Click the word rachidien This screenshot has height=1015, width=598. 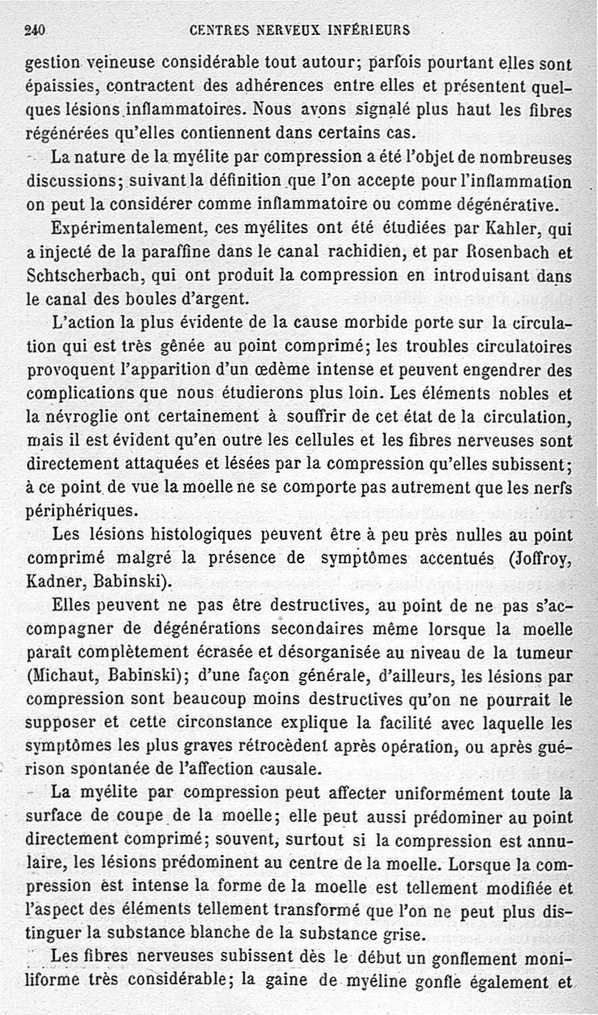348,252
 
